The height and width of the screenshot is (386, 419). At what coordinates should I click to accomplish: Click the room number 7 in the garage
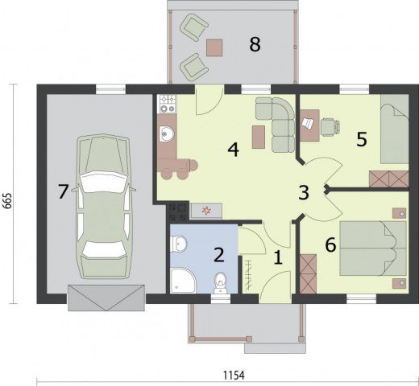(63, 191)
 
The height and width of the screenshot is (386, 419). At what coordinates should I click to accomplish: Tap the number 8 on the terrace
(255, 44)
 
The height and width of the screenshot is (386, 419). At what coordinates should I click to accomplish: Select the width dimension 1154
(234, 376)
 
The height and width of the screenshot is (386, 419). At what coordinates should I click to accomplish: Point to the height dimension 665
(8, 200)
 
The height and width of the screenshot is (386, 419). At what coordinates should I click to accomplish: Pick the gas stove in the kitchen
(168, 104)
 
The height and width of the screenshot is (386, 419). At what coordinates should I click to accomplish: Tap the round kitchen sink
(167, 133)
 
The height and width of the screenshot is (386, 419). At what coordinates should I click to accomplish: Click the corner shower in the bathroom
(183, 281)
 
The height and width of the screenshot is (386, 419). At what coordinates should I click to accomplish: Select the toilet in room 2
(220, 283)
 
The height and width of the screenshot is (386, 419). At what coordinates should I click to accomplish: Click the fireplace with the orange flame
(206, 211)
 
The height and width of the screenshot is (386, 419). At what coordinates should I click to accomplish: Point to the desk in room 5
(309, 125)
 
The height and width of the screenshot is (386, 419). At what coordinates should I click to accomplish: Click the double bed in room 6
(373, 248)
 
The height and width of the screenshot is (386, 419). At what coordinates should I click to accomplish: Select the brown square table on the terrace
(214, 47)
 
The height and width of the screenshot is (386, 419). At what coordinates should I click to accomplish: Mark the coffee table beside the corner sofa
(259, 137)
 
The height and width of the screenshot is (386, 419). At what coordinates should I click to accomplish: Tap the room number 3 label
(304, 192)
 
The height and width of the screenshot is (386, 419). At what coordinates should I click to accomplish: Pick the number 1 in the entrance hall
(278, 257)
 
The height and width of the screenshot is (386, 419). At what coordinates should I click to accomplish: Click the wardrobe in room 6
(308, 274)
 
